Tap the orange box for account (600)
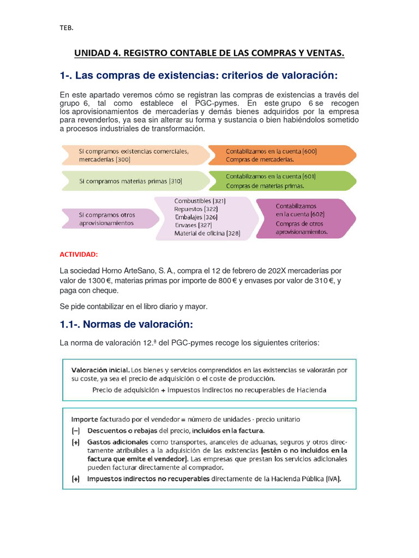(x=280, y=155)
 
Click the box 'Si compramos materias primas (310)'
(x=131, y=180)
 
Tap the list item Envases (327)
(x=194, y=225)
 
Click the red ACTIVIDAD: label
(x=79, y=254)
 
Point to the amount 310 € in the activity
(x=322, y=281)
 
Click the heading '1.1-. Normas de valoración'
(x=127, y=325)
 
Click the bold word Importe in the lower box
(x=85, y=420)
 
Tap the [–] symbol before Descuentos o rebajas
(x=75, y=430)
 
